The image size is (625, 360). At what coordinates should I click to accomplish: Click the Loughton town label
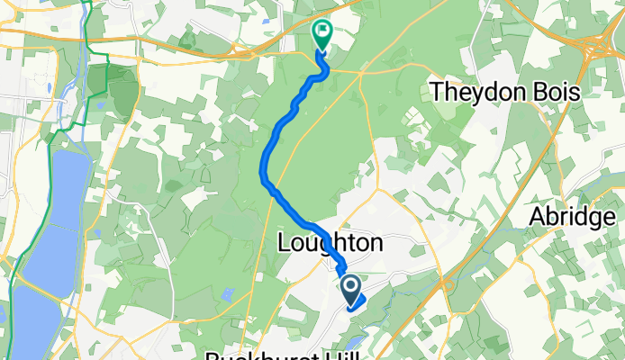330,244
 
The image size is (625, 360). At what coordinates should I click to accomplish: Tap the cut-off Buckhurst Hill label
270,355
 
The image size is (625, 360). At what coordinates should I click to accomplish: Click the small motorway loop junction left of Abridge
448,288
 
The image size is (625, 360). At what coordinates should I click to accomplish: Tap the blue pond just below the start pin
353,343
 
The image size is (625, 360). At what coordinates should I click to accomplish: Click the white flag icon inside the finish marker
322,31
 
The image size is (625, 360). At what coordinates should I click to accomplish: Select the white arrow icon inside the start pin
350,287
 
